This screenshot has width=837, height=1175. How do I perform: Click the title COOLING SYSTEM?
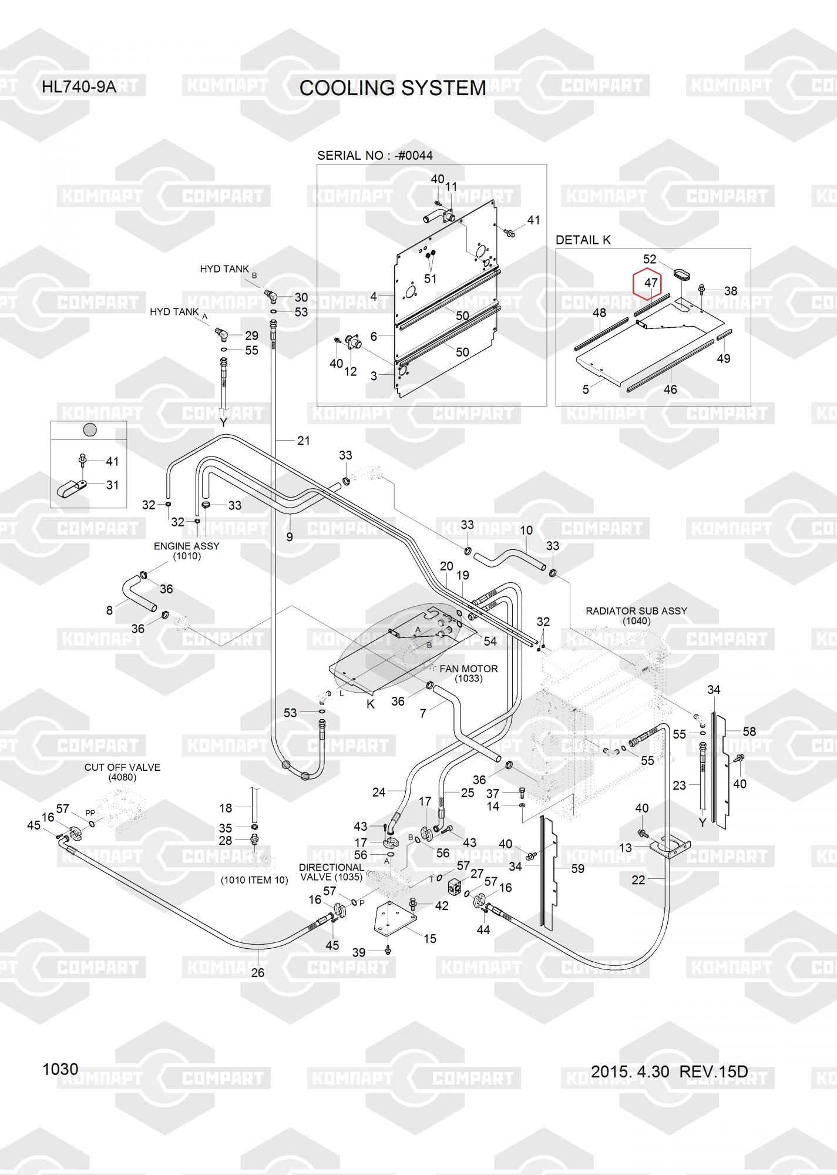(x=392, y=88)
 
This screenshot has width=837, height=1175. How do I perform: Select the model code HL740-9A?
(x=79, y=88)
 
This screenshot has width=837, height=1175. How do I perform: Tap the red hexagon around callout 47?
(x=647, y=284)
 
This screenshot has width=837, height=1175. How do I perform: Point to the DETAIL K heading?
(x=583, y=240)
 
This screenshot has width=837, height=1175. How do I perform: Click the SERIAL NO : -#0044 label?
(x=375, y=156)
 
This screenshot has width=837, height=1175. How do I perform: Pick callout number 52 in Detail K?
(x=649, y=259)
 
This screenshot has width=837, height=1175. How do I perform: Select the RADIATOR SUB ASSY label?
(x=636, y=611)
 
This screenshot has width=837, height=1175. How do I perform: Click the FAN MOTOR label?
(x=468, y=669)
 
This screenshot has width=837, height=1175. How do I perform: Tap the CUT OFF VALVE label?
(x=122, y=767)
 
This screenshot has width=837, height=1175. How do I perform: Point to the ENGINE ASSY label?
(x=186, y=546)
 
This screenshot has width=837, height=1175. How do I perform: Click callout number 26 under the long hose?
(x=258, y=972)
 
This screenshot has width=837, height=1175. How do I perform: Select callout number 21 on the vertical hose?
(x=303, y=440)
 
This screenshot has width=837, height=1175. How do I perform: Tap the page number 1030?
(x=60, y=1069)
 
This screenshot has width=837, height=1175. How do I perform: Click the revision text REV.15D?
(x=713, y=1072)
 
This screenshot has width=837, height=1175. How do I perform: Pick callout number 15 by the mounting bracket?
(x=430, y=938)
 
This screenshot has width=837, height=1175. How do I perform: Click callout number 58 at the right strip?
(x=749, y=731)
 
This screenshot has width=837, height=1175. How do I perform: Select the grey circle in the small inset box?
(x=89, y=429)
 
